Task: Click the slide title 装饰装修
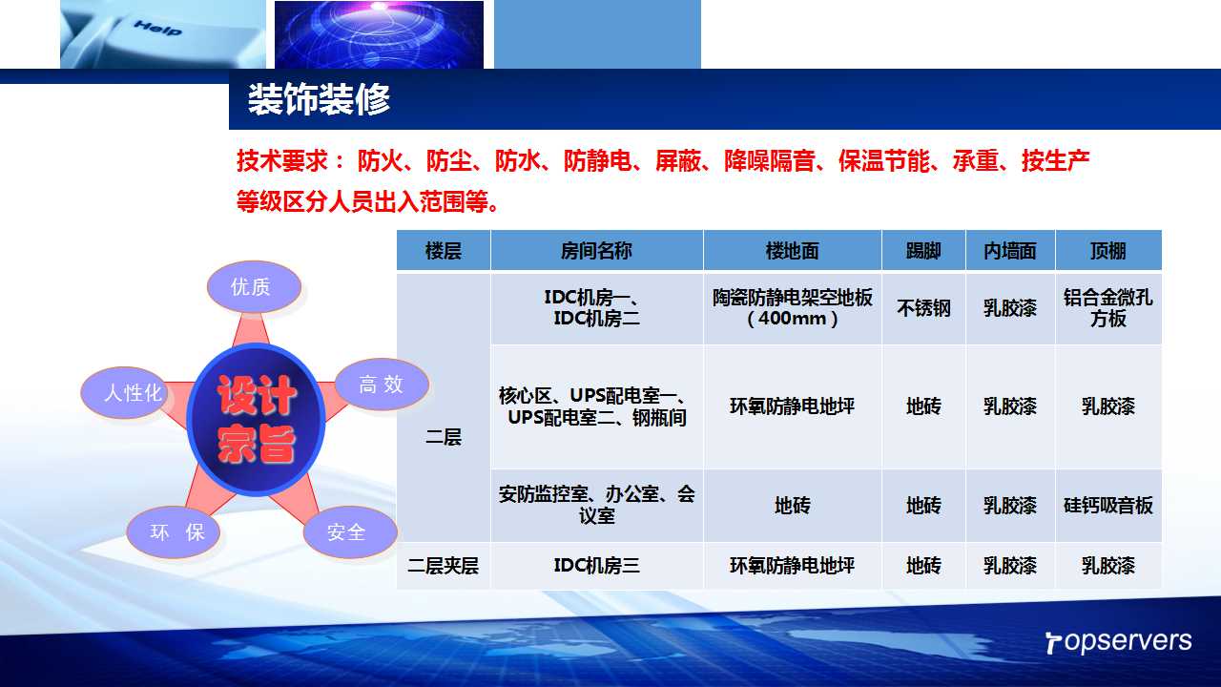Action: (319, 99)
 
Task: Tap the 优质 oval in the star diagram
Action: (254, 287)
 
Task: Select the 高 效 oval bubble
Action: (382, 385)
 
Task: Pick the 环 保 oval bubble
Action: (174, 532)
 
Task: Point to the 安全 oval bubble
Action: (350, 532)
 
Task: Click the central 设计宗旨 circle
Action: (257, 419)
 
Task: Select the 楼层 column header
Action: (444, 251)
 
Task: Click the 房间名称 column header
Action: (597, 251)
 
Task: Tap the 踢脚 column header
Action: (923, 251)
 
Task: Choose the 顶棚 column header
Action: (1108, 251)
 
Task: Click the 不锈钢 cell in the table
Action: (923, 308)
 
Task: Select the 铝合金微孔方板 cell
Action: (1108, 308)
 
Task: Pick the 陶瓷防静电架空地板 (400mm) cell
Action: (792, 308)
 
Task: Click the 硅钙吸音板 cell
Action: (1108, 506)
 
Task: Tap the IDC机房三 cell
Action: (597, 566)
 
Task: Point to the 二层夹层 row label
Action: (444, 566)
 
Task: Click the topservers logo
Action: (1119, 642)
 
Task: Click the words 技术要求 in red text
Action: (282, 161)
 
